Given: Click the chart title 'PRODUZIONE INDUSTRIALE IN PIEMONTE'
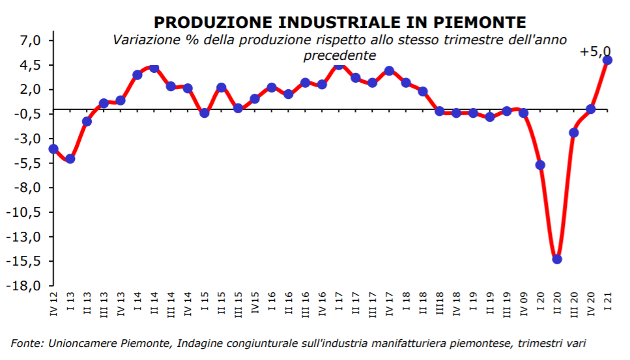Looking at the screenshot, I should tap(339, 23).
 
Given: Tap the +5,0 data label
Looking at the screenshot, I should tap(595, 51).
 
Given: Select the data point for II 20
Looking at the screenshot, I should tap(557, 259).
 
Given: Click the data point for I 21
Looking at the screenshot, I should tap(607, 60).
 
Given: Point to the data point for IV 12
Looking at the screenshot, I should tap(53, 149).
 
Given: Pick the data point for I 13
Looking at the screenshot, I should tap(70, 159).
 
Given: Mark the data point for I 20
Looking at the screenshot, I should tap(540, 165).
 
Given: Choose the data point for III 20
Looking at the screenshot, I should tap(574, 133).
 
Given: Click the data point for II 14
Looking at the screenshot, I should tap(154, 68).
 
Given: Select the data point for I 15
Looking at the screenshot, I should tap(205, 113).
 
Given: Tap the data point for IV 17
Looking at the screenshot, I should tap(390, 70).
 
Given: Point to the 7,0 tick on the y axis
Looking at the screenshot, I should tap(31, 40).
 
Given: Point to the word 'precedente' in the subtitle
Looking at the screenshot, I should tap(339, 56).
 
